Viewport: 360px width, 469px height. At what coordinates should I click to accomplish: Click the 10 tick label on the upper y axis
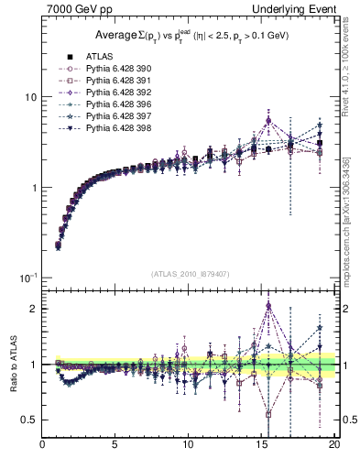click(x=28, y=97)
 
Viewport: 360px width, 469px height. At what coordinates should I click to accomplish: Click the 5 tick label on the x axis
click(x=115, y=448)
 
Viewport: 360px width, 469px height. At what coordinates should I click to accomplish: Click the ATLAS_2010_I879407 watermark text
click(x=190, y=273)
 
